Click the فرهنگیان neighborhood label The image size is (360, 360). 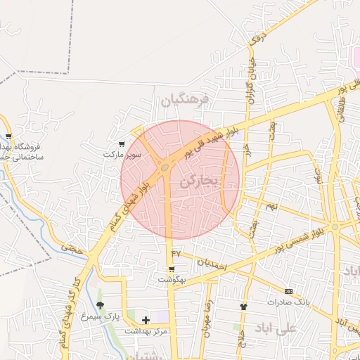pos(185,101)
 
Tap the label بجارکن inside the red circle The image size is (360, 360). pos(200,181)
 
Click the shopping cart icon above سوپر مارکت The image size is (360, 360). pos(122,143)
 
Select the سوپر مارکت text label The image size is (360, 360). pos(122,153)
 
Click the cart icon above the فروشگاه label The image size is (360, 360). pos(8,136)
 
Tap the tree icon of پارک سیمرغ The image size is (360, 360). pos(100,305)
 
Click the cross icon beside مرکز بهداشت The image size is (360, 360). pos(146,320)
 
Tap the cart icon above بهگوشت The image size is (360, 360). pos(171,269)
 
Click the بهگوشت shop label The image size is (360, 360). pos(171,279)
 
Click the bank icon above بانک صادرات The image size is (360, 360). pos(288,291)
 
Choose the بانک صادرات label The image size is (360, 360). pos(288,302)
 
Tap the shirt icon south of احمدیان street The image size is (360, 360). pos(243,307)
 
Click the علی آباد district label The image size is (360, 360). pos(297,329)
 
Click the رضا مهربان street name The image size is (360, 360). pos(207,321)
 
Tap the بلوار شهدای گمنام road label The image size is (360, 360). pos(131,204)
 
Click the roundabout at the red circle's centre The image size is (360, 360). pos(165,168)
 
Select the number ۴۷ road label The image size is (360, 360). pos(176,252)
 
